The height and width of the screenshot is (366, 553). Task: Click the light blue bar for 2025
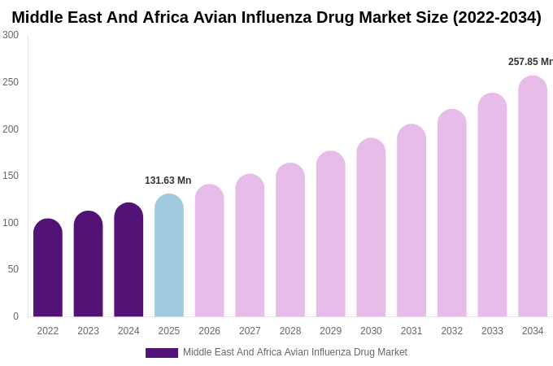click(x=169, y=255)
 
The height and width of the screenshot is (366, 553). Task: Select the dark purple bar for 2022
click(x=48, y=268)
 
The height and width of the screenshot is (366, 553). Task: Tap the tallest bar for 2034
click(x=533, y=196)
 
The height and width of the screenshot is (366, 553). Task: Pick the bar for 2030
click(x=371, y=227)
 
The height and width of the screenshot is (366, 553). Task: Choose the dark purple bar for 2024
click(x=128, y=259)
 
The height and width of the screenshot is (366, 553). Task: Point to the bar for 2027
click(x=250, y=245)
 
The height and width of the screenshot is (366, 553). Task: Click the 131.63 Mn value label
click(x=168, y=181)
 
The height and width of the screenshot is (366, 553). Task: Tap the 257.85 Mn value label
click(x=529, y=62)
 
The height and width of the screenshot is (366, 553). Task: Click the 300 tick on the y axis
click(x=11, y=35)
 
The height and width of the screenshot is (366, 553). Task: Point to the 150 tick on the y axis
click(x=11, y=176)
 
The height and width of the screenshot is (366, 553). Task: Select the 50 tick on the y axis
click(x=13, y=269)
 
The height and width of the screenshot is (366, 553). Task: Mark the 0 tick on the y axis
click(x=15, y=316)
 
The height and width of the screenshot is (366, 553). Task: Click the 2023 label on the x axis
click(x=88, y=331)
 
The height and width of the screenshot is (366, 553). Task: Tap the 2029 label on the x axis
click(x=330, y=331)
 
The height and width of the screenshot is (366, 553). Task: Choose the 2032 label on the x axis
click(x=451, y=331)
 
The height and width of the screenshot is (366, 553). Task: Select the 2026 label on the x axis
click(x=209, y=331)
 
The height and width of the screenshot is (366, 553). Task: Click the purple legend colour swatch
click(x=161, y=353)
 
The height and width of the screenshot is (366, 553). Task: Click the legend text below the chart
click(x=294, y=352)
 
